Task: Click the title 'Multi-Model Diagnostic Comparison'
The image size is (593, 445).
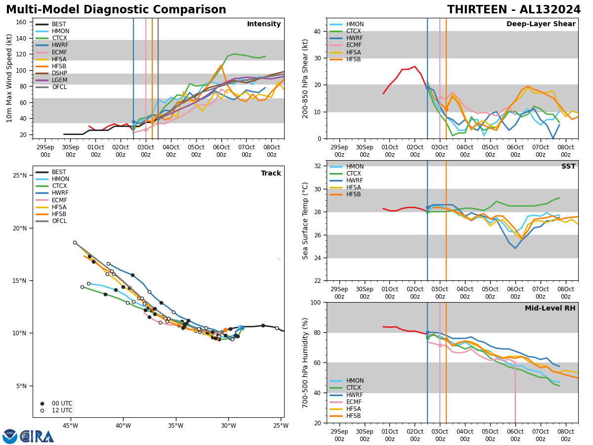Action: pyautogui.click(x=116, y=10)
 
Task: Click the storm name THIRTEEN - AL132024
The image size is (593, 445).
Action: pyautogui.click(x=514, y=10)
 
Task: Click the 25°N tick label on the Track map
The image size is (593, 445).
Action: pyautogui.click(x=20, y=176)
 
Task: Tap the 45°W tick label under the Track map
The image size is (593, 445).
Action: pyautogui.click(x=70, y=426)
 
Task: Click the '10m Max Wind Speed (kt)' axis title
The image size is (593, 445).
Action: pyautogui.click(x=8, y=78)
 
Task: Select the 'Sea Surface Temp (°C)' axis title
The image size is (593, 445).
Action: pyautogui.click(x=306, y=221)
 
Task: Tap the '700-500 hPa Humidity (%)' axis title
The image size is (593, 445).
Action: pyautogui.click(x=306, y=362)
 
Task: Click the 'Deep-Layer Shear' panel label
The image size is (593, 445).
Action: pyautogui.click(x=541, y=24)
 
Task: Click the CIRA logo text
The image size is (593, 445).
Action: pyautogui.click(x=38, y=437)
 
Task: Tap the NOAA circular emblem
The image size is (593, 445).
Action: pyautogui.click(x=9, y=437)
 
